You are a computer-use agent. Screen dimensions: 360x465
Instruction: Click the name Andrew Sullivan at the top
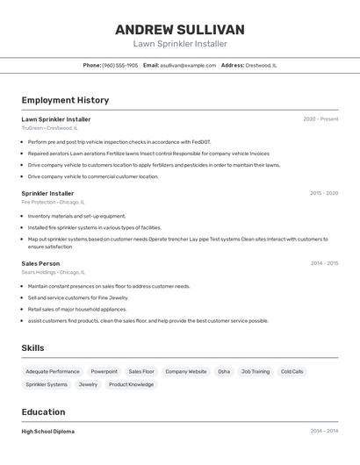coord(179,30)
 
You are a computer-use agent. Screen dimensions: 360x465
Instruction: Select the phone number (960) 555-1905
coord(120,65)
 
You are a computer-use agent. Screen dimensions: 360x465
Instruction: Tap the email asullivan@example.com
coord(189,65)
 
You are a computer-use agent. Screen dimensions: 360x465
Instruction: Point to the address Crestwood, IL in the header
coord(261,65)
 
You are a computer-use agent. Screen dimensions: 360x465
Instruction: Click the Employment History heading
coord(65,100)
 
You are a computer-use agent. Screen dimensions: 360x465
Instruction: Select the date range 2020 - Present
coord(320,119)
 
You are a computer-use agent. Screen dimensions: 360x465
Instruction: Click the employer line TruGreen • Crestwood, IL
coord(49,128)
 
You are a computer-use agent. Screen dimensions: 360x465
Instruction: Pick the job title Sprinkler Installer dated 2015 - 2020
coord(47,193)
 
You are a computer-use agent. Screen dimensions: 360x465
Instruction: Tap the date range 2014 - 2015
coord(324,263)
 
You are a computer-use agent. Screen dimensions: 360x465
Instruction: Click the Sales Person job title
coord(40,263)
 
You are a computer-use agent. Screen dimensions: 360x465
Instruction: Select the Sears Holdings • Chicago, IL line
coord(54,272)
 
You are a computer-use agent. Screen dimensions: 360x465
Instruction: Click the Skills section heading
coord(32,348)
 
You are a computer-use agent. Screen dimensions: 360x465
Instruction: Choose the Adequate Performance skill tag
coord(53,371)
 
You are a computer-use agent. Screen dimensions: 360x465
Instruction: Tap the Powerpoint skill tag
coord(104,371)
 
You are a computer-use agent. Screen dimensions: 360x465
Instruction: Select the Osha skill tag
coord(224,371)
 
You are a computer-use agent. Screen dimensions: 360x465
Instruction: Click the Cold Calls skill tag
coord(292,371)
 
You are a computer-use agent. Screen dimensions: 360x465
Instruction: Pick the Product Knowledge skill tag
coord(131,384)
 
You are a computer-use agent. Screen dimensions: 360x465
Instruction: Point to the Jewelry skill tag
coord(88,384)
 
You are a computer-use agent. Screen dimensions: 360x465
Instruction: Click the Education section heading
coord(43,412)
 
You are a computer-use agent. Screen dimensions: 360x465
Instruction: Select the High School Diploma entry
coord(47,432)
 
